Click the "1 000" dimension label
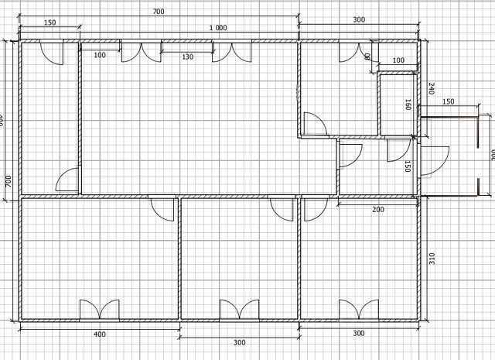217,28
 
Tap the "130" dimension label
187,57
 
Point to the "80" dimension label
367,56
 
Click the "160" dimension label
408,105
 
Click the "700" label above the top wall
158,12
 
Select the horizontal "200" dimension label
377,209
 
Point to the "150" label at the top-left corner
50,22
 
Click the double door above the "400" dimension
99,309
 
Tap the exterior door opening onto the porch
432,158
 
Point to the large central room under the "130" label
189,124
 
